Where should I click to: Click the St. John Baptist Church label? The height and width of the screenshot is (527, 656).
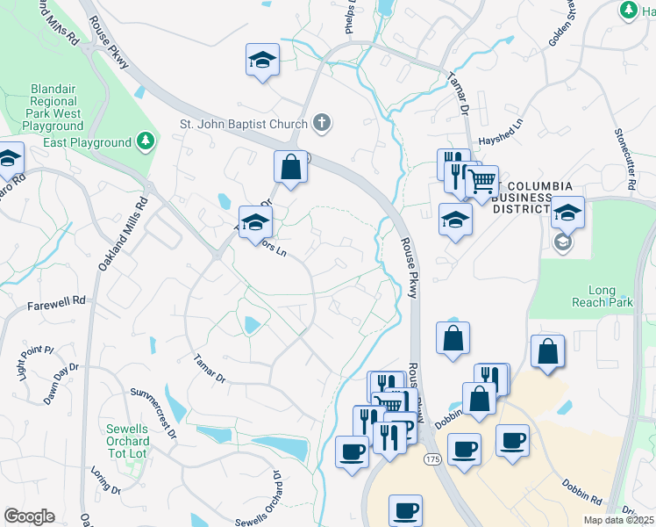[x=244, y=124]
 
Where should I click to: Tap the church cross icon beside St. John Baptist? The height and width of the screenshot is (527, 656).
[x=322, y=123]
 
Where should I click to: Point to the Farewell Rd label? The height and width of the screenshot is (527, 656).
[x=56, y=300]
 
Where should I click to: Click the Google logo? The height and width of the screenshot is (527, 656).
[x=29, y=516]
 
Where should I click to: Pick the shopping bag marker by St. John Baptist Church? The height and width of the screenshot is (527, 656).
[x=290, y=165]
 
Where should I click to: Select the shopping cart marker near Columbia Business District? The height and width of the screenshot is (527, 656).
[x=481, y=182]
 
